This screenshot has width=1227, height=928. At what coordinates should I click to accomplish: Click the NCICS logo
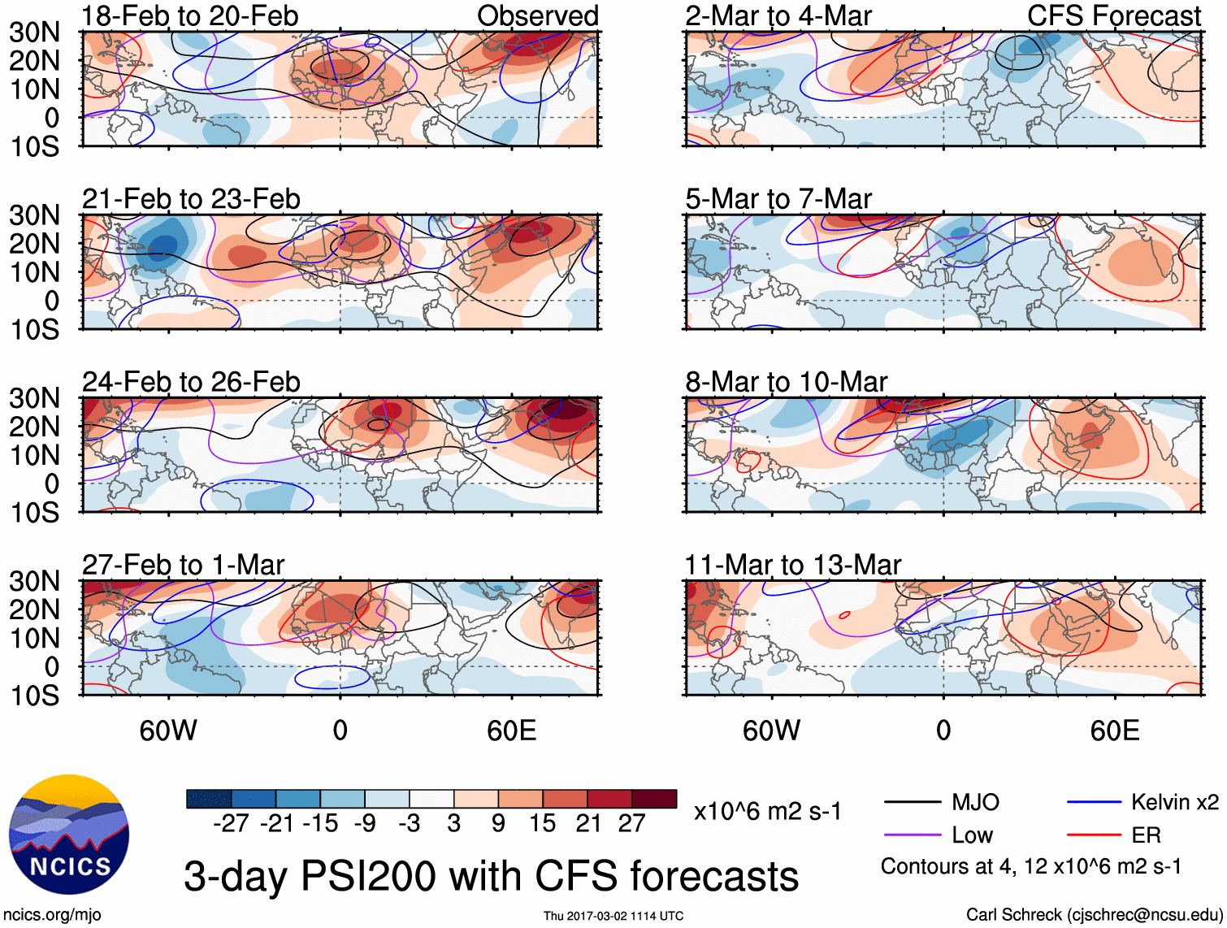click(69, 835)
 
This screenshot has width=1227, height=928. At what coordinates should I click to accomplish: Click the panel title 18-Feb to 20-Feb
click(190, 15)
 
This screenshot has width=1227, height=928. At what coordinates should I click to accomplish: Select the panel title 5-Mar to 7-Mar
click(778, 198)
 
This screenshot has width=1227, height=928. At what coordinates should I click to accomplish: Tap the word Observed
click(537, 15)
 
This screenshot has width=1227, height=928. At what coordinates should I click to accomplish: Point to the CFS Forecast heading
click(1113, 15)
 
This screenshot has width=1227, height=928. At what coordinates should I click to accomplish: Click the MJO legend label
click(975, 803)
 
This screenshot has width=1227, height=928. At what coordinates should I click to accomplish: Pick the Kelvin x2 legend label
click(1174, 803)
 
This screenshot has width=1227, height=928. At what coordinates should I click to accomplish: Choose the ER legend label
click(1146, 835)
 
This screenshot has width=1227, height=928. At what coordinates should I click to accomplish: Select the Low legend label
click(972, 835)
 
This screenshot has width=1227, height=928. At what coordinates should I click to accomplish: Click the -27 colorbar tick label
click(231, 824)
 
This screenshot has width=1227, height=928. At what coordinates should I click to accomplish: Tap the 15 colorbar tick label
click(542, 824)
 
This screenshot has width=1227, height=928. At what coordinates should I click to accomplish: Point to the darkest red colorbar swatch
click(654, 799)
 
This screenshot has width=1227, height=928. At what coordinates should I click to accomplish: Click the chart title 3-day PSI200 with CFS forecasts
click(491, 877)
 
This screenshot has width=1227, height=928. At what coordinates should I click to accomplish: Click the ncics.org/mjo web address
click(52, 915)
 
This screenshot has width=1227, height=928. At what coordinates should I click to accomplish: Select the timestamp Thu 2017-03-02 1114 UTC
click(613, 916)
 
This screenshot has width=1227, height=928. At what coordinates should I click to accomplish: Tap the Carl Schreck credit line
click(1094, 915)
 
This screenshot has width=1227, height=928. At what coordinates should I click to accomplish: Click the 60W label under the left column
click(168, 731)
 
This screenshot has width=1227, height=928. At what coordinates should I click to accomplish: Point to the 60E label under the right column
click(1114, 731)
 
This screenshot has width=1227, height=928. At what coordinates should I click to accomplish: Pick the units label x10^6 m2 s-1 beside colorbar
click(767, 812)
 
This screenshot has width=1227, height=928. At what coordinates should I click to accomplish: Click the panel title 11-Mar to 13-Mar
click(792, 565)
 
